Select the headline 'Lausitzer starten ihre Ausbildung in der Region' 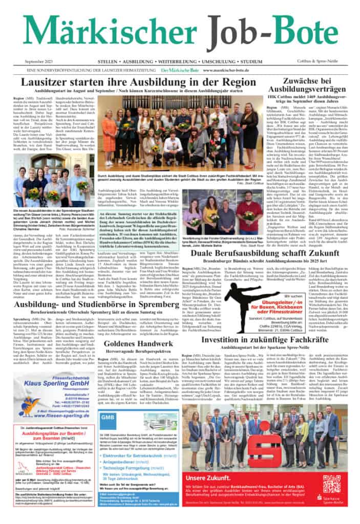click(131, 82)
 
